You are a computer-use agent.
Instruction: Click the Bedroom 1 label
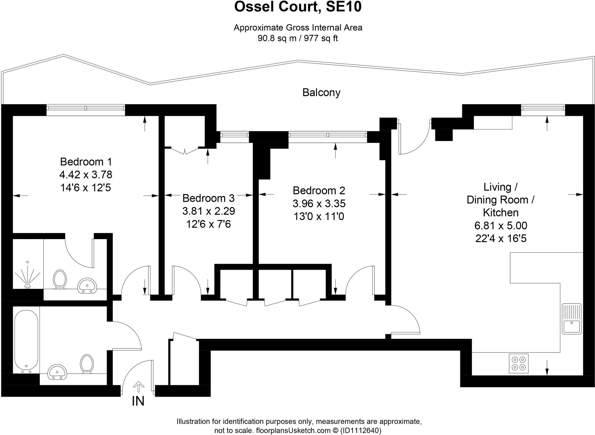tap(86, 161)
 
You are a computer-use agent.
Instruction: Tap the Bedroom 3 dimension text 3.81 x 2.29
tap(208, 211)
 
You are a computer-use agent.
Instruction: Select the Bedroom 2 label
tap(319, 190)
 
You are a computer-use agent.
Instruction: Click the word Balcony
tap(321, 93)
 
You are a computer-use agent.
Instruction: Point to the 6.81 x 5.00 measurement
tap(501, 226)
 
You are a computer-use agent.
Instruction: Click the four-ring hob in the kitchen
tap(519, 363)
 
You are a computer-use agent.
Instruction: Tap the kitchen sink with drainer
tap(571, 319)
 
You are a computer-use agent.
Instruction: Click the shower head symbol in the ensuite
tap(28, 276)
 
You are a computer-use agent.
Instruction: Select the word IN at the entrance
tap(138, 401)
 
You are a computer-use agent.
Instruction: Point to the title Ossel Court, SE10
tap(297, 7)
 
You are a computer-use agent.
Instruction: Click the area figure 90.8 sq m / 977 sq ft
tap(297, 38)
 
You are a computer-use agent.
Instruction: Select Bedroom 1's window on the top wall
tap(86, 108)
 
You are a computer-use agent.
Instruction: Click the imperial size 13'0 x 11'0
tap(319, 216)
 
